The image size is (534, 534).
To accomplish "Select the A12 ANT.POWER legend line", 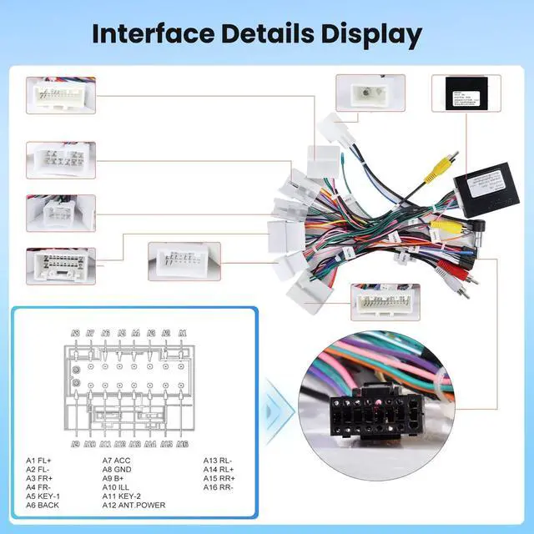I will tap(133, 505).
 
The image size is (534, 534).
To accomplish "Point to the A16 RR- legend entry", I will tap(220, 486).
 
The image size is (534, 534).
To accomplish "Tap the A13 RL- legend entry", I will tap(219, 460).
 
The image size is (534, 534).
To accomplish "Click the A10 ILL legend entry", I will tap(119, 486).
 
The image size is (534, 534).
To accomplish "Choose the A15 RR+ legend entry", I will tap(220, 478).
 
